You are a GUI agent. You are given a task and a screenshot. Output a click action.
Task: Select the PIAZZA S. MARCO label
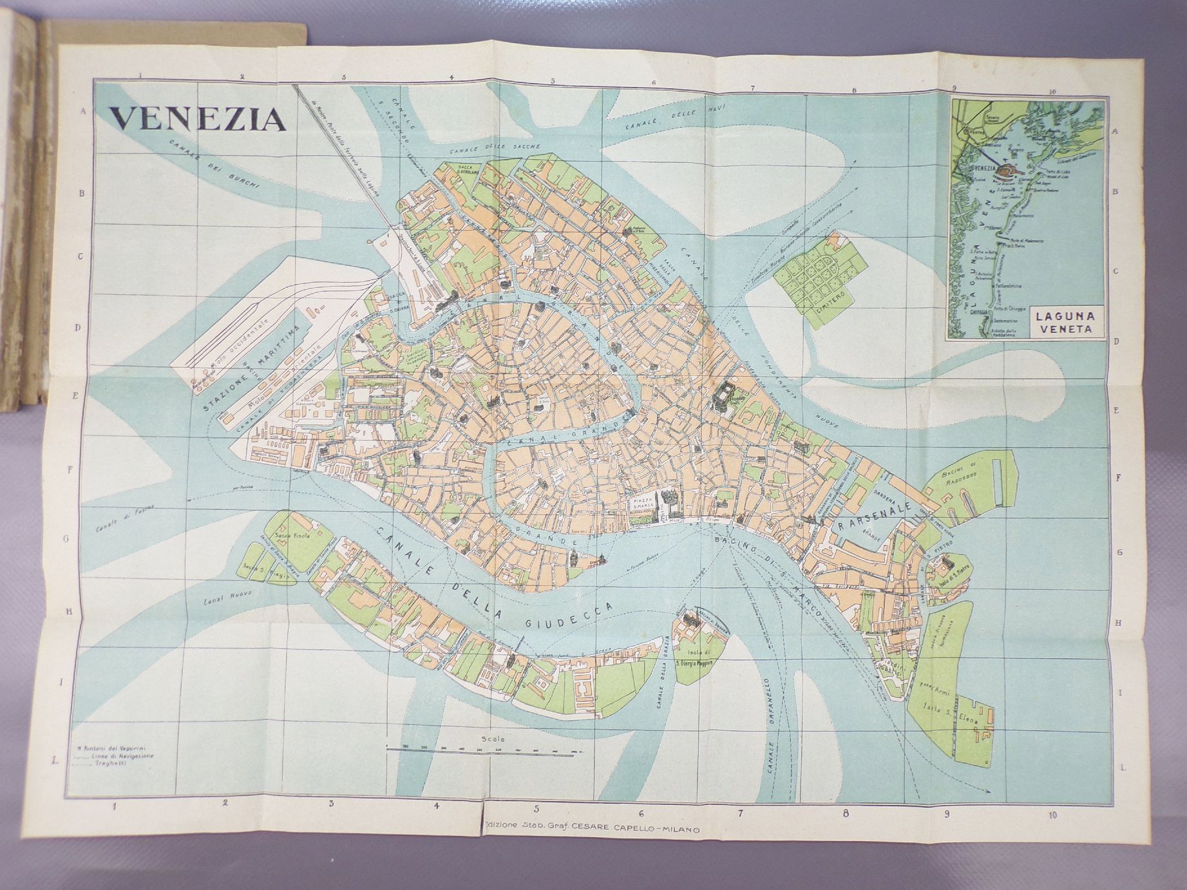coord(641,502)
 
